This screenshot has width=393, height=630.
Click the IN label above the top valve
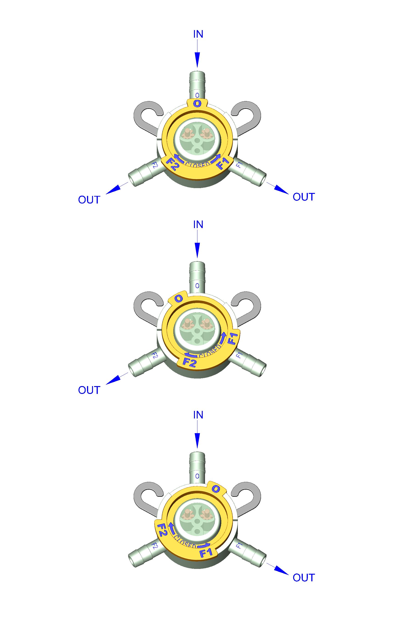click(x=198, y=34)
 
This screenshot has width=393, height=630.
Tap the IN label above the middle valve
click(x=198, y=224)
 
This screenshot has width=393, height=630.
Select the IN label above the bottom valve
click(x=198, y=415)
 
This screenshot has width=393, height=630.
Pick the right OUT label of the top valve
click(x=303, y=197)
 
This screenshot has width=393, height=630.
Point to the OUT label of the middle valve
click(x=89, y=390)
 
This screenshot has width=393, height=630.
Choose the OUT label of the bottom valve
click(x=303, y=578)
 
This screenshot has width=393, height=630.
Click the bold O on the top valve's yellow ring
click(x=197, y=104)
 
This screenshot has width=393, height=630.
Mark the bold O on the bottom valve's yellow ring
click(x=216, y=489)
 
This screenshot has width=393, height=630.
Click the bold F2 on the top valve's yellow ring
click(x=172, y=164)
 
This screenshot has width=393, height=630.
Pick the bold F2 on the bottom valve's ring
click(x=162, y=530)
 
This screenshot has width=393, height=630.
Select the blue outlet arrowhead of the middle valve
click(x=113, y=380)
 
